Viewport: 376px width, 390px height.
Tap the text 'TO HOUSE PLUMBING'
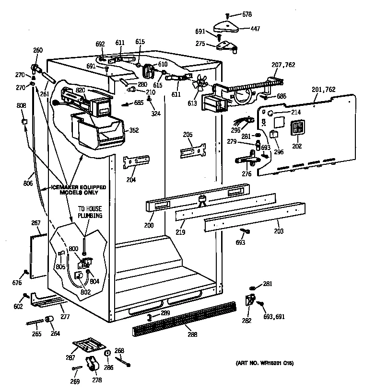point(91,212)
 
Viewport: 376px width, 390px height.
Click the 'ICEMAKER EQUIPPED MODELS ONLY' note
point(78,190)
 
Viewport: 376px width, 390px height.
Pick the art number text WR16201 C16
point(264,363)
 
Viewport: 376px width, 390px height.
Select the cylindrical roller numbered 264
point(49,321)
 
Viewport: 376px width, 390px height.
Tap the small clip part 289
point(149,317)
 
